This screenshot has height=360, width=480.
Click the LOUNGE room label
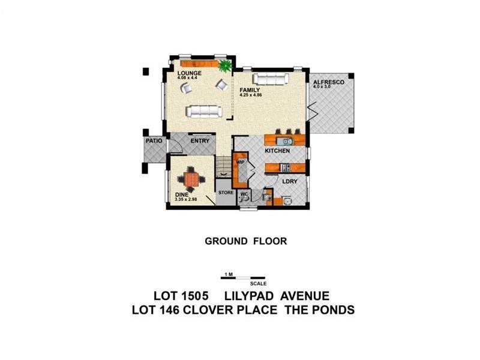[189, 73]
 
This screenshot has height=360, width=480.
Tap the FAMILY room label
[250, 90]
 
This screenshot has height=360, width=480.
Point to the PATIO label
[153, 141]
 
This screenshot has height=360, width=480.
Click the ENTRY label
[200, 141]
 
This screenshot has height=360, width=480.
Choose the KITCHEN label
[277, 151]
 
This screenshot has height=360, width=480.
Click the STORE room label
[225, 193]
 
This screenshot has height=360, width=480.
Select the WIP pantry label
[241, 162]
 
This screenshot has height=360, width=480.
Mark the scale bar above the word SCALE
[244, 278]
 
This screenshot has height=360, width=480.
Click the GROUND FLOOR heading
[246, 241]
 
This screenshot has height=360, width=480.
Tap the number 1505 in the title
[194, 296]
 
